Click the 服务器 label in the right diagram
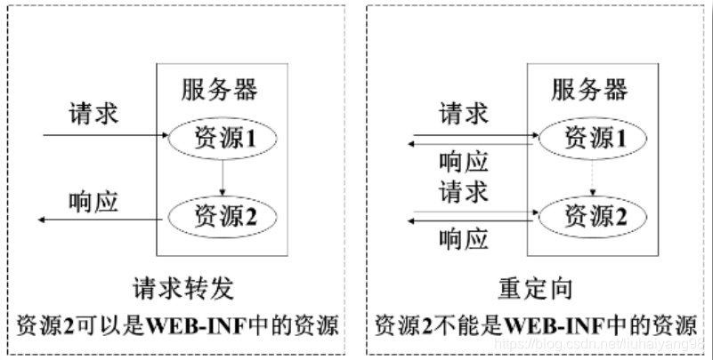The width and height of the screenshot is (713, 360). click(589, 90)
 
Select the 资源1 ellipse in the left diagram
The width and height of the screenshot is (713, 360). click(223, 138)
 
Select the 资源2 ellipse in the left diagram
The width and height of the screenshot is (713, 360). click(223, 214)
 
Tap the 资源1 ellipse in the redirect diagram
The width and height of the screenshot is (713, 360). click(589, 138)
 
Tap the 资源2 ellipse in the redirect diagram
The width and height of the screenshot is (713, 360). click(589, 214)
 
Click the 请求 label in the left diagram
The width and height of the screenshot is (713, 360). click(93, 114)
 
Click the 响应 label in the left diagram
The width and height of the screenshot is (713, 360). click(93, 201)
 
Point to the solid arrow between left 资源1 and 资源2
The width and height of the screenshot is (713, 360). click(223, 176)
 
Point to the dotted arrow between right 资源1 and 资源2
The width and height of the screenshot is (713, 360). click(589, 176)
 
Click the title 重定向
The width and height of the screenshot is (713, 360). click(534, 289)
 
